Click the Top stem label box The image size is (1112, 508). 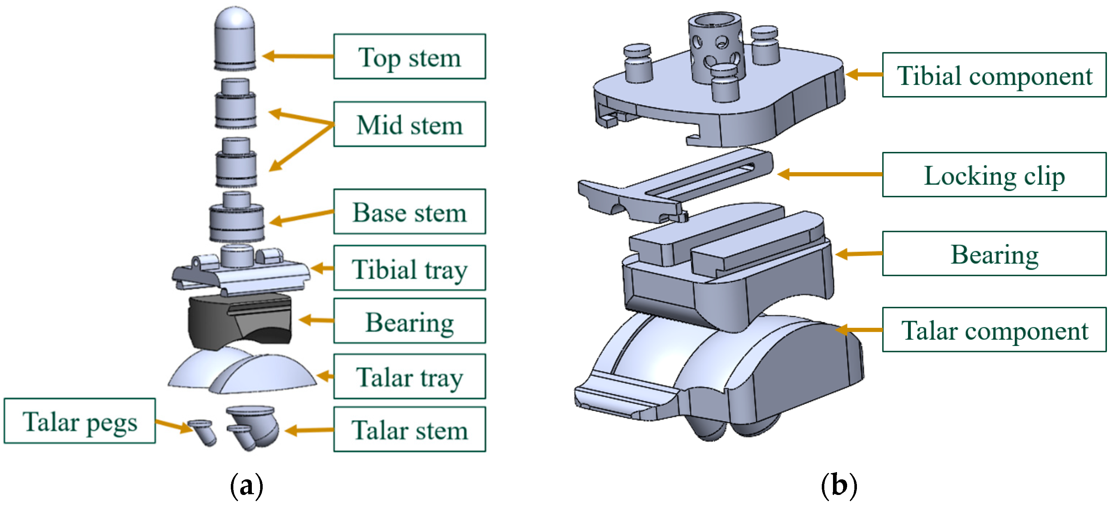[409, 57]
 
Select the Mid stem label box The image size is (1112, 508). [409, 124]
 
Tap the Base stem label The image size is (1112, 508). [409, 212]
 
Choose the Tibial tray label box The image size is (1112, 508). [409, 268]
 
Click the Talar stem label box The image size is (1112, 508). [409, 429]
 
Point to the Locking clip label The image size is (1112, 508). [994, 175]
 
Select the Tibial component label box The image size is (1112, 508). [994, 75]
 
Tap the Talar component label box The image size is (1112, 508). [994, 330]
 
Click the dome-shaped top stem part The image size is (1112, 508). [235, 39]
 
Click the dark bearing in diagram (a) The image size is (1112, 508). [240, 321]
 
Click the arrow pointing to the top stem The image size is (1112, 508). [298, 56]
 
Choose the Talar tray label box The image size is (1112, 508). [409, 377]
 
